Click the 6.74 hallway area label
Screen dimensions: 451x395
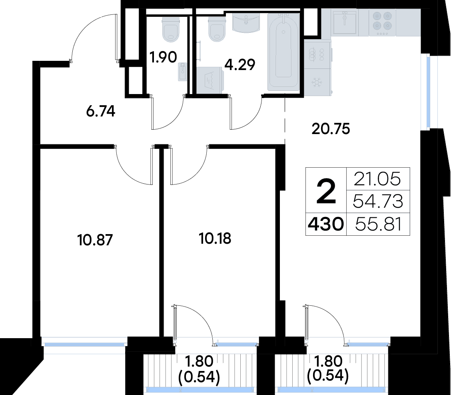pos(101,111)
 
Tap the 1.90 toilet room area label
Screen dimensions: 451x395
pos(163,57)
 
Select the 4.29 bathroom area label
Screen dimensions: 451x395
pos(240,64)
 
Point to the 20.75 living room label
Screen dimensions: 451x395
pos(331,129)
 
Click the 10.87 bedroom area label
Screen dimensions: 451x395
pos(95,240)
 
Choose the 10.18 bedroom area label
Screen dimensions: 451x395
pos(215,239)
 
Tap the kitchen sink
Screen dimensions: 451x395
pos(345,22)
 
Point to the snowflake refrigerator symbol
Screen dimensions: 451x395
pos(317,82)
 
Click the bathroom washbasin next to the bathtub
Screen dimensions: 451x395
pos(246,24)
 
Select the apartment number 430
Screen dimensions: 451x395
pos(326,224)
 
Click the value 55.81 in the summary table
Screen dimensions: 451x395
pos(378,224)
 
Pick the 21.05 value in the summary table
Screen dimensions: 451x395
pos(377,179)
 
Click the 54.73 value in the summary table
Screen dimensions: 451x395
pos(378,202)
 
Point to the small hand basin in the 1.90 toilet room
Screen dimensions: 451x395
pos(182,71)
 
